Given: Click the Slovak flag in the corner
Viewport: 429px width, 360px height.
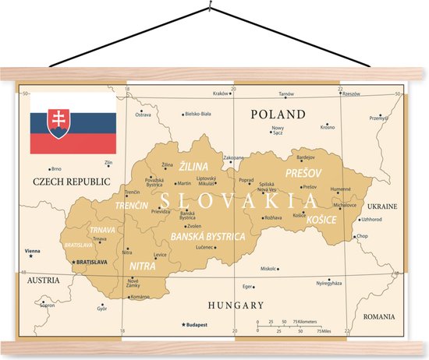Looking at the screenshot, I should (73, 123).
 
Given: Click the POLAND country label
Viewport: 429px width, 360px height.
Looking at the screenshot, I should (277, 115).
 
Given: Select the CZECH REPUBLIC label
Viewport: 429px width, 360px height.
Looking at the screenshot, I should (66, 182).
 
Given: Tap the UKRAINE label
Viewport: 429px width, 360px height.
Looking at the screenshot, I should (382, 206).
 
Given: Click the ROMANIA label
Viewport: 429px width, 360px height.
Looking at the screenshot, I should (379, 317).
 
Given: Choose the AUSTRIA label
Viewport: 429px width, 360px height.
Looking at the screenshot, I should (43, 279).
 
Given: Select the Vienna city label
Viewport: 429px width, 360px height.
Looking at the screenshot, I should (33, 251).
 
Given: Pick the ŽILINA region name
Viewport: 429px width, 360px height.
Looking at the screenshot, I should (193, 166).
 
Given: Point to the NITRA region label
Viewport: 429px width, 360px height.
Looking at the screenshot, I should (142, 266).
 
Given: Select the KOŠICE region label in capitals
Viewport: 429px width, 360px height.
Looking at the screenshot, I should (321, 220).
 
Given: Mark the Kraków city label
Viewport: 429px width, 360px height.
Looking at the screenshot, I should (221, 93).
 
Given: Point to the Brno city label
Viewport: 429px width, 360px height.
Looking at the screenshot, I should (55, 168).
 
